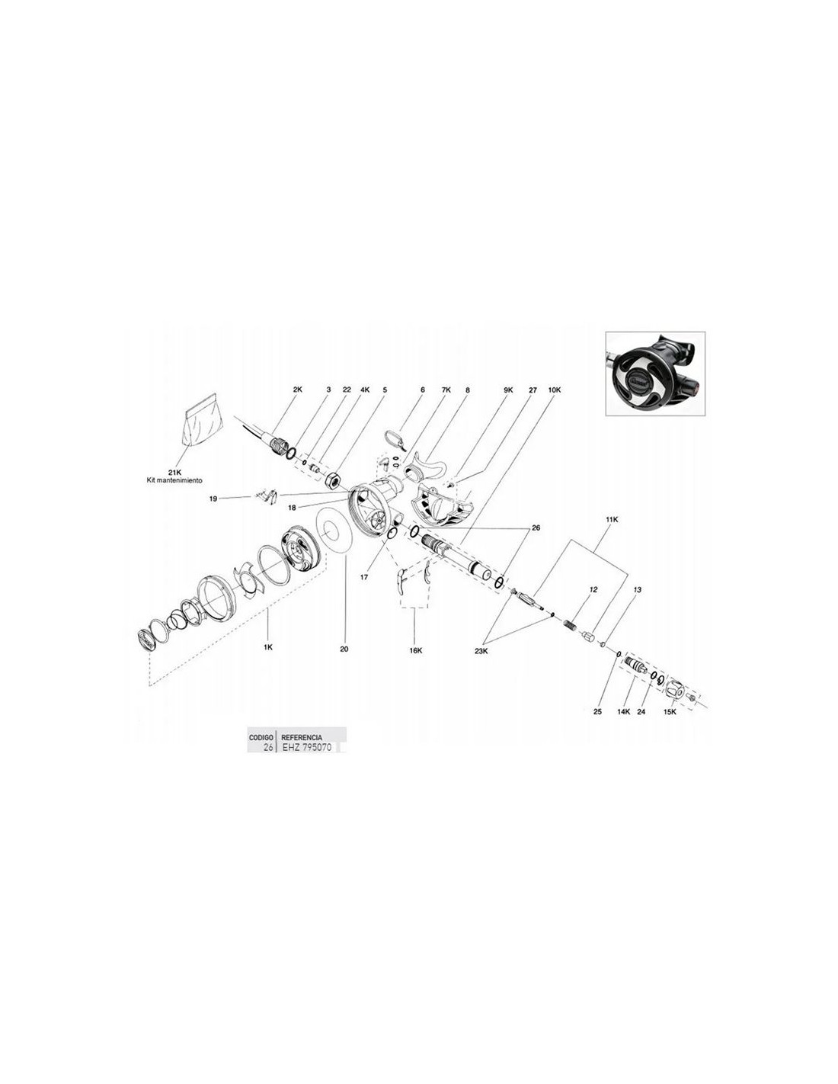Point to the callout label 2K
tap(297, 390)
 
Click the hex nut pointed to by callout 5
tap(332, 480)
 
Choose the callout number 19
tap(213, 499)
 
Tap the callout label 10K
tap(555, 390)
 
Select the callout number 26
tap(536, 528)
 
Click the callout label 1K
tap(268, 647)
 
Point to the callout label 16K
tap(415, 650)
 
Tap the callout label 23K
tap(481, 650)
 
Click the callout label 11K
tap(612, 519)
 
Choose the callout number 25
tap(598, 712)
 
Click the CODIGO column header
tap(261, 737)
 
